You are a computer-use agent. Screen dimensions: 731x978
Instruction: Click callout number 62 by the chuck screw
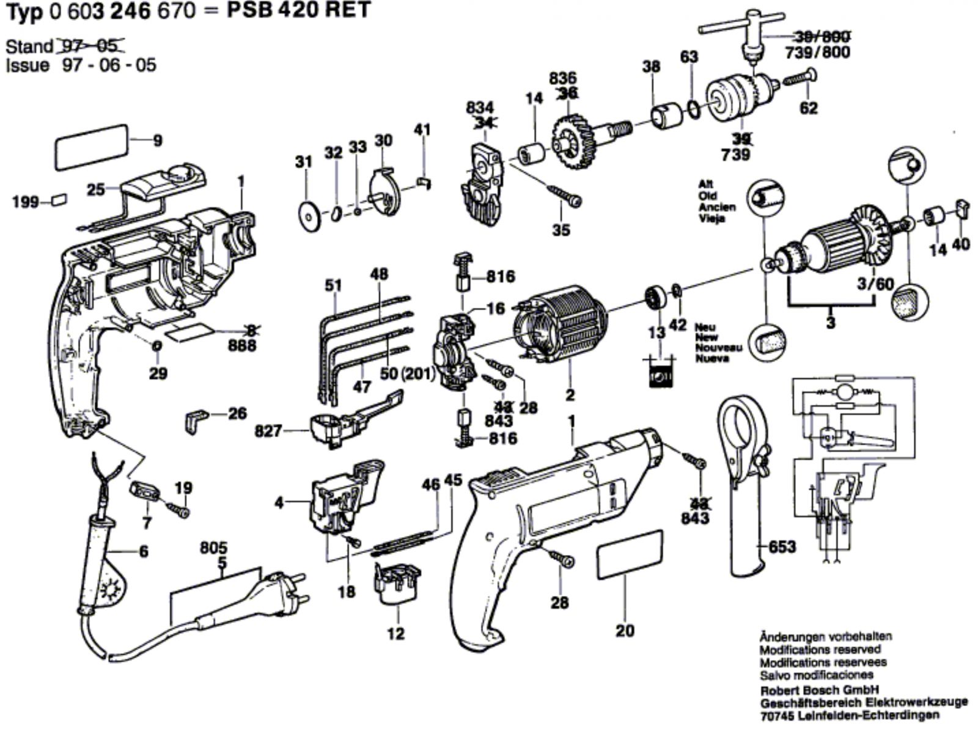[x=808, y=108]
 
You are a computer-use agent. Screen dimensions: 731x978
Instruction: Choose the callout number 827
[x=268, y=432]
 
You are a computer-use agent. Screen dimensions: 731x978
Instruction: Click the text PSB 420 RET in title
[x=299, y=10]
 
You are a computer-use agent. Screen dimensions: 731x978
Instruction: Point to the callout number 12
[x=395, y=633]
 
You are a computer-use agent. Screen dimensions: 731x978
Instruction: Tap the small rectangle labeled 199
[x=59, y=199]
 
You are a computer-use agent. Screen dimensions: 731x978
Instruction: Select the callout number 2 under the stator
[x=570, y=395]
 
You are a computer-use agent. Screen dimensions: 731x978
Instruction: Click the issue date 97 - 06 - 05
[x=109, y=65]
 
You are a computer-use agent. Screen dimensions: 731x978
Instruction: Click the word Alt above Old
[x=706, y=184]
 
